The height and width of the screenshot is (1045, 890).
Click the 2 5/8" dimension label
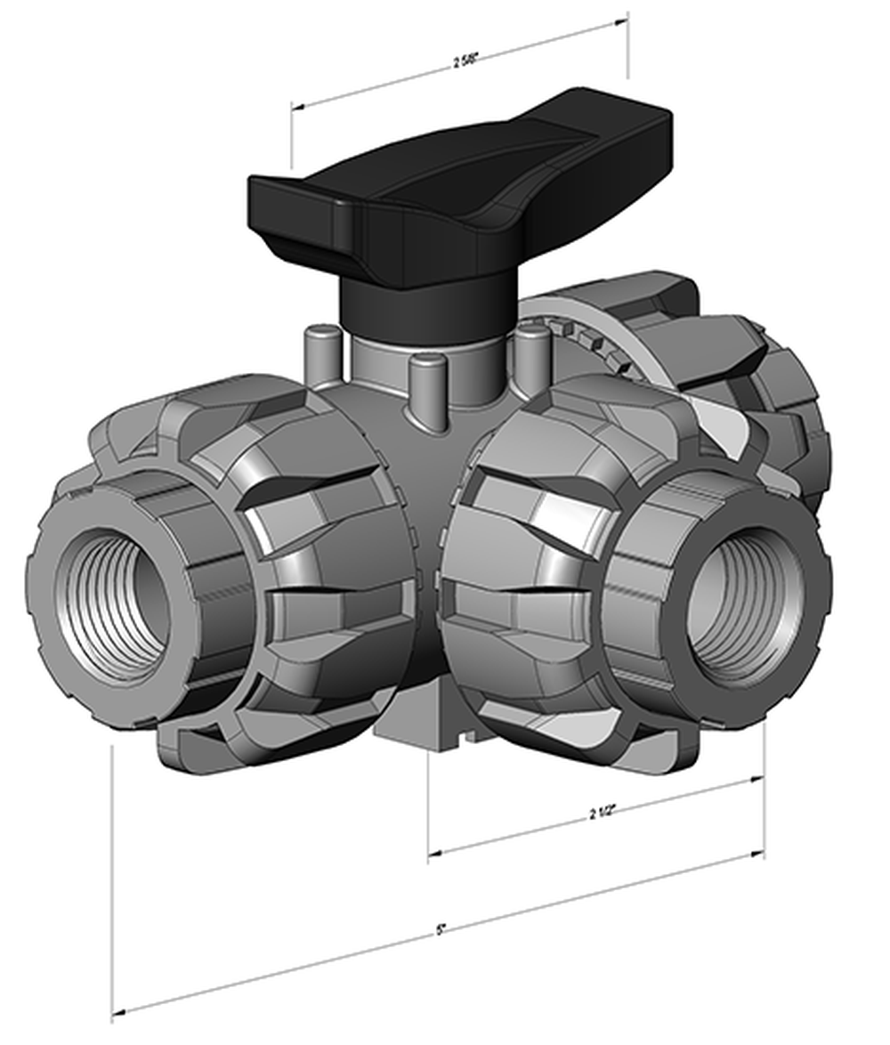pyautogui.click(x=465, y=61)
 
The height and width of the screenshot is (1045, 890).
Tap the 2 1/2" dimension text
pyautogui.click(x=603, y=812)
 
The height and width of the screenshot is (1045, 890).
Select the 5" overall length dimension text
pyautogui.click(x=441, y=930)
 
